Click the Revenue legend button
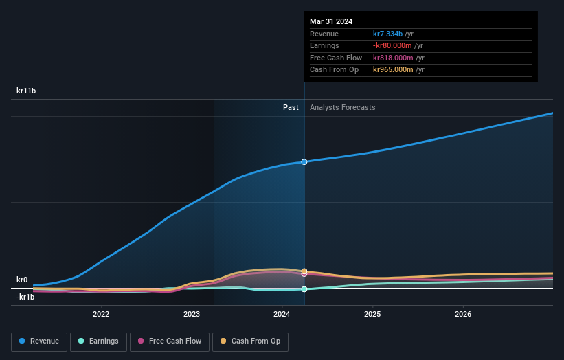pyautogui.click(x=39, y=341)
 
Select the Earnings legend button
pyautogui.click(x=98, y=341)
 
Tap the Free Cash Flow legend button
pyautogui.click(x=169, y=341)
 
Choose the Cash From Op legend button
pyautogui.click(x=251, y=341)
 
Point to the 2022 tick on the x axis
pyautogui.click(x=101, y=315)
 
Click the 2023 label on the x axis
pyautogui.click(x=192, y=315)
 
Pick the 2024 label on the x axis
pyautogui.click(x=282, y=315)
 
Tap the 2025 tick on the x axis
pyautogui.click(x=372, y=315)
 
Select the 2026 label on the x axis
pyautogui.click(x=463, y=315)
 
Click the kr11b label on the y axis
pyautogui.click(x=26, y=91)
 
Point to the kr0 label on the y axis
pyautogui.click(x=22, y=280)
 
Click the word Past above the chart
pyautogui.click(x=291, y=107)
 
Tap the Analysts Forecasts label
pyautogui.click(x=342, y=107)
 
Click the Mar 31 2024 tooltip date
pyautogui.click(x=331, y=21)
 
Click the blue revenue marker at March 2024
pyautogui.click(x=304, y=161)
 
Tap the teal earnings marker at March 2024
pyautogui.click(x=304, y=289)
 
